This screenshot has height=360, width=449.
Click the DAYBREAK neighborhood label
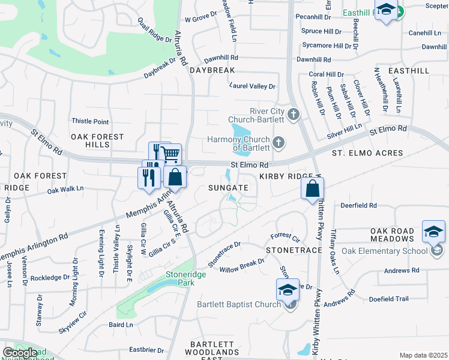coord(212,70)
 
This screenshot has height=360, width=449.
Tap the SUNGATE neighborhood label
coord(228,188)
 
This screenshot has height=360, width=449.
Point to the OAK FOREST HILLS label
coord(97,141)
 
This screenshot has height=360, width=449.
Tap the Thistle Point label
coord(90,121)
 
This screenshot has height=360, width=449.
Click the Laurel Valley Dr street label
coord(252,86)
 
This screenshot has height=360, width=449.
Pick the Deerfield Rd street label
coord(358,205)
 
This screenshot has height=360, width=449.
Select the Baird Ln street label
coord(121,325)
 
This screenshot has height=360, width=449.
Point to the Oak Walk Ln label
coord(65,189)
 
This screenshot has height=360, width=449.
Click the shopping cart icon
coord(171,154)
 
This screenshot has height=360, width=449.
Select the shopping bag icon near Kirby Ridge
coord(313,188)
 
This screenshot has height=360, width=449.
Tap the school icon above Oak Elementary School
coord(434,232)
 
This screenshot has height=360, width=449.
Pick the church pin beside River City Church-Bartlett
coord(294,114)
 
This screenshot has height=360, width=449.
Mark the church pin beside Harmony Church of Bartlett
coord(278,143)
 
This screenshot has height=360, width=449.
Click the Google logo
coord(20,353)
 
